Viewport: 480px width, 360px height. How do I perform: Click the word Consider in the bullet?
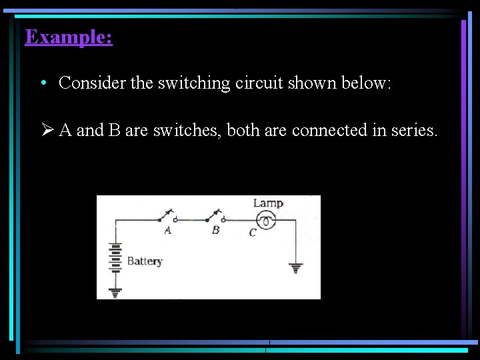click(x=83, y=83)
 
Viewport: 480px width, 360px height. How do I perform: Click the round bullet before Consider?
click(x=43, y=83)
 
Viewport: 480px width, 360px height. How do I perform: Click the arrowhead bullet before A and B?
click(x=47, y=130)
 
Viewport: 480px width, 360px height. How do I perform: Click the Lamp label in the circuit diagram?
click(x=268, y=203)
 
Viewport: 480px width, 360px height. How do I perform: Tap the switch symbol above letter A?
click(x=167, y=217)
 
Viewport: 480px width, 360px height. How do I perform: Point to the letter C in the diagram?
click(x=253, y=233)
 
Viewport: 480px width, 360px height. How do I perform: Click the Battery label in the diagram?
click(x=145, y=261)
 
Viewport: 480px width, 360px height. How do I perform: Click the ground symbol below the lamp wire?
click(x=296, y=268)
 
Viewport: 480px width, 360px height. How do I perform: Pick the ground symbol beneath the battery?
click(x=116, y=291)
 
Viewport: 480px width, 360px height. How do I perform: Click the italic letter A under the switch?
click(x=167, y=231)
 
